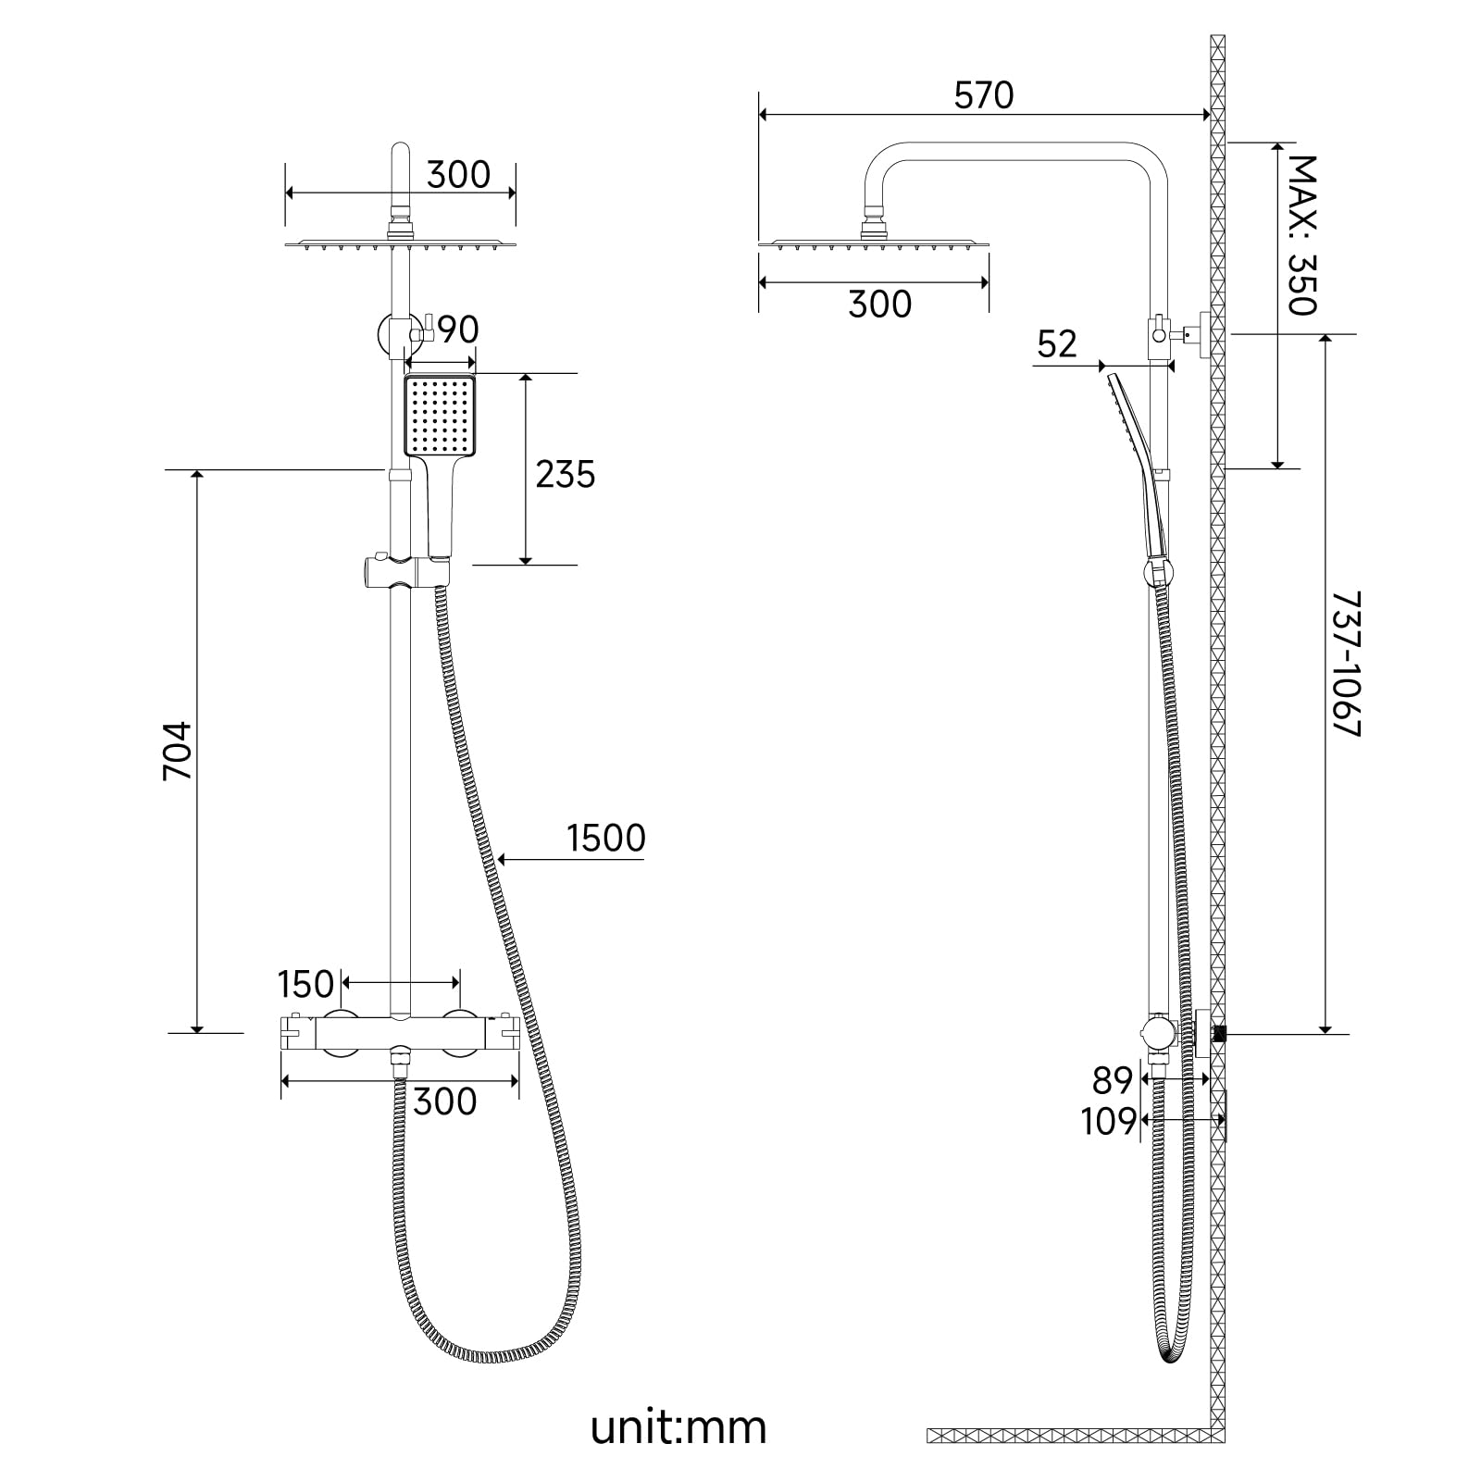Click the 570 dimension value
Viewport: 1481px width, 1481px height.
point(984,95)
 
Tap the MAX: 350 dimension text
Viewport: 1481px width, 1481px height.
point(1302,235)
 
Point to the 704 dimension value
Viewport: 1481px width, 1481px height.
point(178,751)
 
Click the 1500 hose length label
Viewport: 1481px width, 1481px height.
point(605,838)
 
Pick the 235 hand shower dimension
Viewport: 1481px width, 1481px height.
point(566,474)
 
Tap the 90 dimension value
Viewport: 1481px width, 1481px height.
point(457,330)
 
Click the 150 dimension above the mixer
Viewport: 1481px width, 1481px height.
point(305,984)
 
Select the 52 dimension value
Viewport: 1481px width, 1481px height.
point(1057,344)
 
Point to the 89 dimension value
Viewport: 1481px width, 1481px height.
point(1113,1080)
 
